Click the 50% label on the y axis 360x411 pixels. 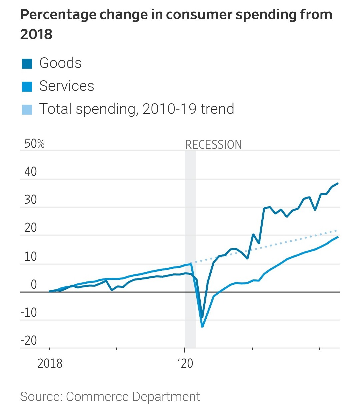pos(34,144)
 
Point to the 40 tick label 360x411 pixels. pos(31,172)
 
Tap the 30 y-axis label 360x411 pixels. pos(31,200)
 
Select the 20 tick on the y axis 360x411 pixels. pos(31,228)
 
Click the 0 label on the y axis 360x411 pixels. pos(34,285)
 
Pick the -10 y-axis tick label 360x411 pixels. pos(29,313)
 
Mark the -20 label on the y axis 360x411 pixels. pos(29,341)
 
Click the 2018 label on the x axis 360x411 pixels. pos(50,363)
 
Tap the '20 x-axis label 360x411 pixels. pos(185,363)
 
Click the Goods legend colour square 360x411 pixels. pos(27,64)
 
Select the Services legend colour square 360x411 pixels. pos(27,87)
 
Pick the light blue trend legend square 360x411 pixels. pos(27,110)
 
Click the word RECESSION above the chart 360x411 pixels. pos(213,145)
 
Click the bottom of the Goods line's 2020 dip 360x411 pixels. pos(202,317)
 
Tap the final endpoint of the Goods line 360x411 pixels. pos(338,183)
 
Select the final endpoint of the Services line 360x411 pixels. pos(338,237)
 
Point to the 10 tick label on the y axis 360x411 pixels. pos(31,257)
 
